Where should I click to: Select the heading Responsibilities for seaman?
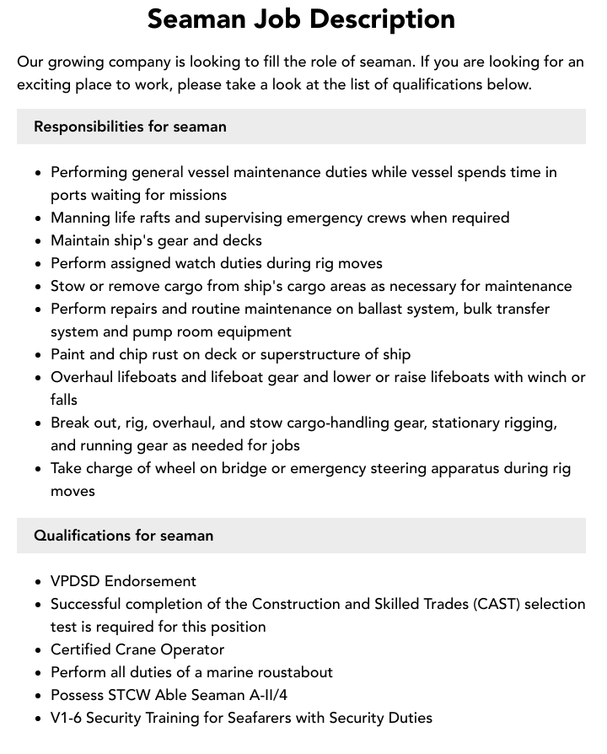coord(130,127)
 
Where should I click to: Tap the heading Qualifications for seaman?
coord(123,536)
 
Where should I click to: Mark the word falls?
coord(64,400)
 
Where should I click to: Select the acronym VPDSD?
coord(75,581)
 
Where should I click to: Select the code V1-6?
coord(66,718)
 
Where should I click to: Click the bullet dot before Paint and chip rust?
coord(39,355)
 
